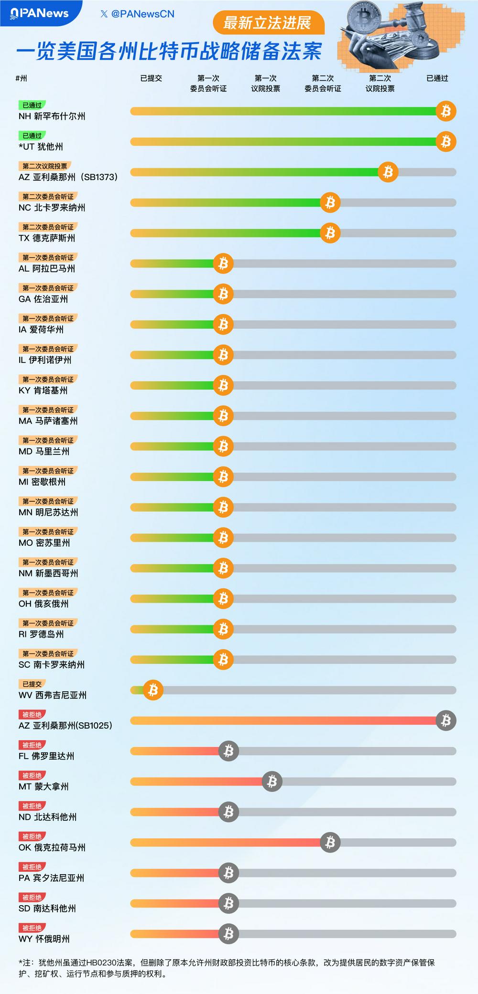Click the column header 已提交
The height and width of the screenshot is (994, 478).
click(151, 78)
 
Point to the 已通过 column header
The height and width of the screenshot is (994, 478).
click(437, 78)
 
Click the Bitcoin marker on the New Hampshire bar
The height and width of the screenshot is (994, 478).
click(446, 111)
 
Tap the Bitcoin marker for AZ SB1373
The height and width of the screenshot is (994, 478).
click(388, 172)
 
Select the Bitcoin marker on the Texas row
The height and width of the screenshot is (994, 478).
click(330, 233)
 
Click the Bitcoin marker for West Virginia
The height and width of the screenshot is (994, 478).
click(153, 690)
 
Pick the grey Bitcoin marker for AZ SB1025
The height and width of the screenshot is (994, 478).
click(446, 720)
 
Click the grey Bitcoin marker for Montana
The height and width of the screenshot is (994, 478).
click(272, 782)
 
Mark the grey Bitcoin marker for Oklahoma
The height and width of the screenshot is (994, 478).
click(330, 843)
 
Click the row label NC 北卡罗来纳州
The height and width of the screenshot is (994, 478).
click(52, 208)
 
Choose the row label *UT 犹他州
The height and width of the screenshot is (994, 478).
click(41, 147)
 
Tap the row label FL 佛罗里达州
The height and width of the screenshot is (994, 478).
click(46, 756)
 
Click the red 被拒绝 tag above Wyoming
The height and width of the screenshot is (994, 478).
click(32, 928)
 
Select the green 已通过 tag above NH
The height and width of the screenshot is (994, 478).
click(32, 105)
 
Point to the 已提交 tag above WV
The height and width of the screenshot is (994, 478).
click(32, 684)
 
